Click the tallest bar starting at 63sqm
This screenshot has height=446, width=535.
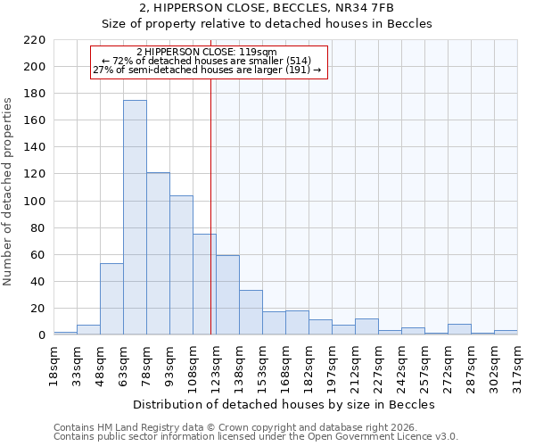point(135,218)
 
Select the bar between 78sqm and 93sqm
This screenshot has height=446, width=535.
point(158,253)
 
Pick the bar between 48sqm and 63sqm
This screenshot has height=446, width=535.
point(111,299)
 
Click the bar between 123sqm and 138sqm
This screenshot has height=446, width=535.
point(227,295)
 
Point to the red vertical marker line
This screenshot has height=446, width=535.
point(210,196)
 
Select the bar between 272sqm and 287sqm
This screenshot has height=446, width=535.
point(459,329)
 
